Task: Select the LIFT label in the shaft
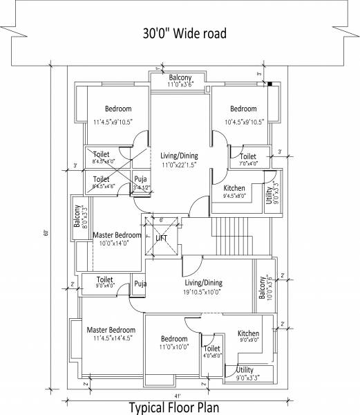pyautogui.click(x=161, y=238)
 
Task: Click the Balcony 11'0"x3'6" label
pyautogui.click(x=180, y=80)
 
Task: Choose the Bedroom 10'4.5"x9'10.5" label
pyautogui.click(x=243, y=116)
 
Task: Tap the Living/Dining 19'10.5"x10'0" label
pyautogui.click(x=203, y=286)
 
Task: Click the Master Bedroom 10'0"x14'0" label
pyautogui.click(x=117, y=239)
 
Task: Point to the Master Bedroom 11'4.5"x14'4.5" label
pyautogui.click(x=111, y=334)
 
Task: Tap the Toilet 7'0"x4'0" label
pyautogui.click(x=248, y=160)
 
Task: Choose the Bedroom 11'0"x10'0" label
pyautogui.click(x=174, y=343)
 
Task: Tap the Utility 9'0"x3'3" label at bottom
pyautogui.click(x=248, y=373)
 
